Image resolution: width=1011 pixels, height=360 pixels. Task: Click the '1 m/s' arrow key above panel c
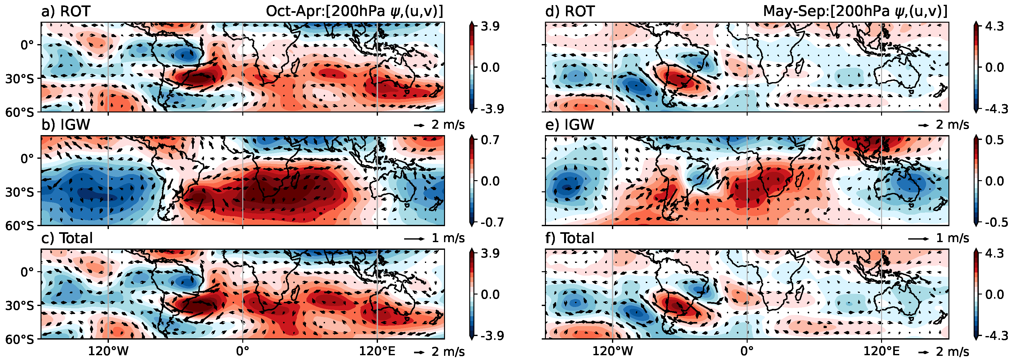point(435,238)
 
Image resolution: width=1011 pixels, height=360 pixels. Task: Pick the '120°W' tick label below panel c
point(108,351)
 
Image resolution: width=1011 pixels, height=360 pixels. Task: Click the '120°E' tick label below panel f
point(881,351)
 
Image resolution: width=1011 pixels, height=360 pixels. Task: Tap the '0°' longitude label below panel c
point(243,351)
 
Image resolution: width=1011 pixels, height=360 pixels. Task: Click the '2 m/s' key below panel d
point(944,125)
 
